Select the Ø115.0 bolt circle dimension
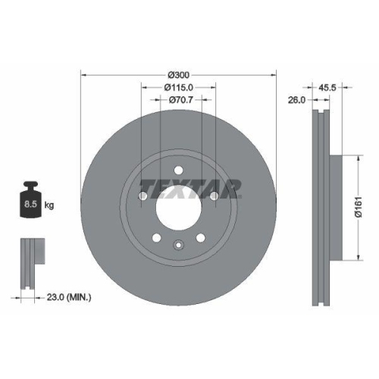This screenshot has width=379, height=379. [178, 87]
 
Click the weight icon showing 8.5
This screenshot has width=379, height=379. [31, 202]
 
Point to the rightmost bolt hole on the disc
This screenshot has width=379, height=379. [215, 196]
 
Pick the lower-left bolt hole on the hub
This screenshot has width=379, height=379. [156, 238]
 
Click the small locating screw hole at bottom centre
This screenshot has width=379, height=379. [178, 244]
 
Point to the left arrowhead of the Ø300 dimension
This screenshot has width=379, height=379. [83, 74]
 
